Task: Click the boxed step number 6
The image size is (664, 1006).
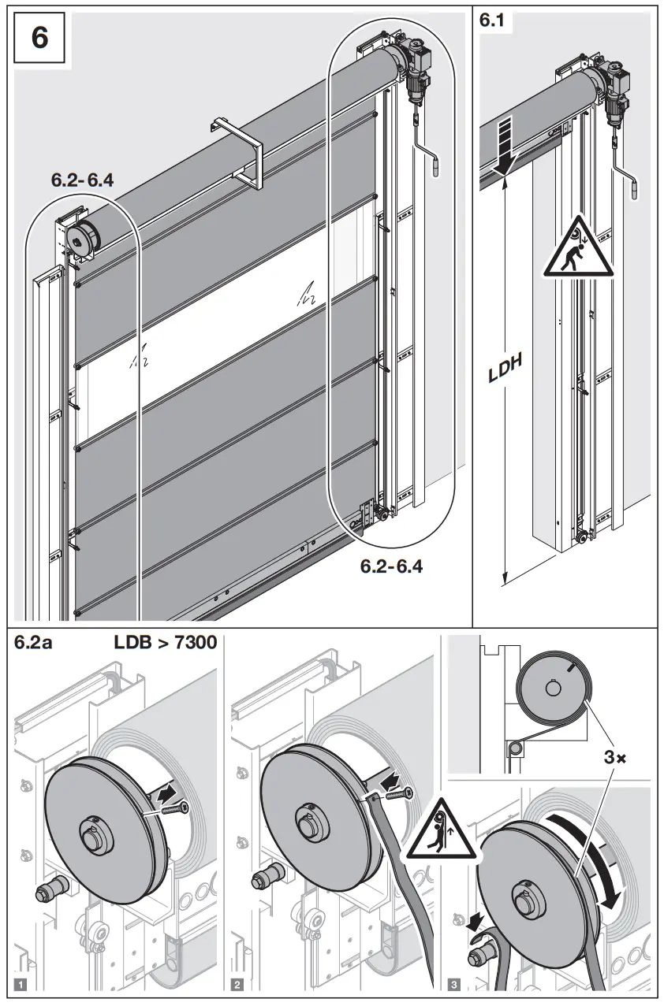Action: tap(39, 38)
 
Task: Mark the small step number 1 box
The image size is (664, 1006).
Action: tap(21, 984)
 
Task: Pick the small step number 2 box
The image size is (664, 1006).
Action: tap(237, 984)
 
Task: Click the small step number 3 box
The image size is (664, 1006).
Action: tap(454, 984)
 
